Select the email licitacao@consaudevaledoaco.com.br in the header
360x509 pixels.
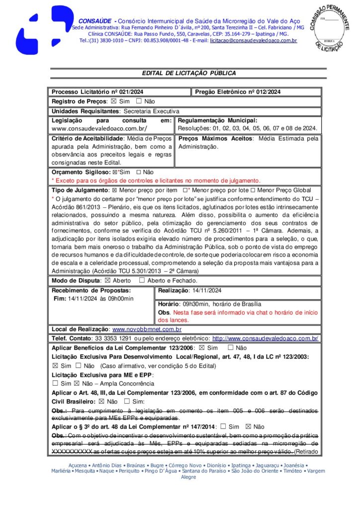[x=253, y=40]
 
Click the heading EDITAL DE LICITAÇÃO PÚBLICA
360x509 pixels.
[x=189, y=73]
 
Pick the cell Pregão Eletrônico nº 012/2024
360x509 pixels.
[x=238, y=92]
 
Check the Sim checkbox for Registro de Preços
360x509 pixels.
[x=113, y=101]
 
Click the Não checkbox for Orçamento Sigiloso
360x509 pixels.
[x=139, y=172]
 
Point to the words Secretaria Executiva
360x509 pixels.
[x=151, y=111]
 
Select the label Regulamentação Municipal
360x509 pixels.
[x=218, y=120]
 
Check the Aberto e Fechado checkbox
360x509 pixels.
[x=142, y=280]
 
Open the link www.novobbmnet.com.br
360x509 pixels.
[x=147, y=329]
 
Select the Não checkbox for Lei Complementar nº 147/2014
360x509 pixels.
[x=248, y=426]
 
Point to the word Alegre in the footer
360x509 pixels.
[x=188, y=477]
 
